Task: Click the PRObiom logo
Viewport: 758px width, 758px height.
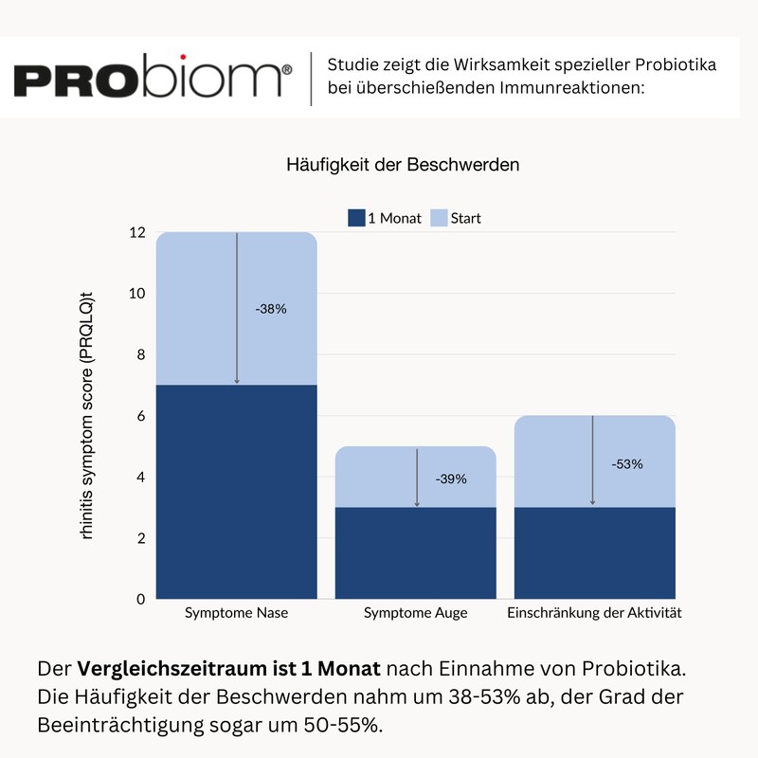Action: click(x=153, y=79)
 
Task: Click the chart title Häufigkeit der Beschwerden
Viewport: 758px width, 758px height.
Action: click(x=403, y=165)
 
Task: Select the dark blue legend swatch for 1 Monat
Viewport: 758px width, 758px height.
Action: click(x=356, y=218)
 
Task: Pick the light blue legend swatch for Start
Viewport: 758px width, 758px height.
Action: click(x=440, y=218)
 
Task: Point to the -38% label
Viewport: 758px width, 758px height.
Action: click(x=270, y=309)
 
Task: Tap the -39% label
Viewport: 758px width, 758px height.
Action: click(x=451, y=479)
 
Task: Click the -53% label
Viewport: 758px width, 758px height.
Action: click(x=626, y=464)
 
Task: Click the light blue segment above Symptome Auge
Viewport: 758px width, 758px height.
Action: click(x=417, y=477)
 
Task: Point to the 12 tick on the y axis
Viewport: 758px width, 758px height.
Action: click(x=138, y=233)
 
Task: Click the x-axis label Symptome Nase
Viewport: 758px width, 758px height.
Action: click(x=237, y=613)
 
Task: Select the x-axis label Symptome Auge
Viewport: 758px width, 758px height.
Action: click(x=416, y=613)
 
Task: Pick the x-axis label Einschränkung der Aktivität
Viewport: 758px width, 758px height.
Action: click(x=595, y=613)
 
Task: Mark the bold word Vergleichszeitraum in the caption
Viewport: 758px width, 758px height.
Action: click(x=178, y=668)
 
